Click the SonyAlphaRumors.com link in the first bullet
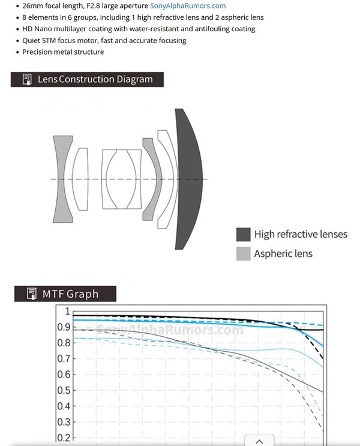(188, 5)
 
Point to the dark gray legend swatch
(244, 234)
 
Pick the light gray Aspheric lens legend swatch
(244, 253)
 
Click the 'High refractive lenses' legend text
(301, 234)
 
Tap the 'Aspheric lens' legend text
(283, 253)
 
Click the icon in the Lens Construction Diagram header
(27, 79)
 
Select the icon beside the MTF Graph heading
(32, 294)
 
